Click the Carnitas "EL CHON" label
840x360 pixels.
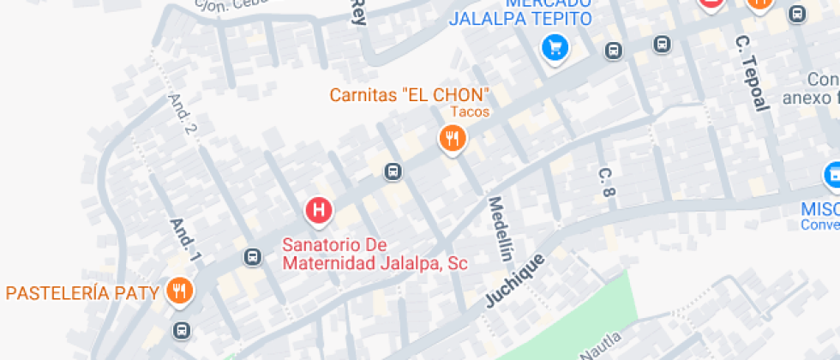(410, 94)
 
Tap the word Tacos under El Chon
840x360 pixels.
(470, 112)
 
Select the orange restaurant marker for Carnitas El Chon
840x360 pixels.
(452, 138)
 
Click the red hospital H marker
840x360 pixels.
(319, 210)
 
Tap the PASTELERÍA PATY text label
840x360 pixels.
(82, 293)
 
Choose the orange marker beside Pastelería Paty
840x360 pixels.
(179, 291)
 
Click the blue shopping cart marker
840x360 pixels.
(555, 47)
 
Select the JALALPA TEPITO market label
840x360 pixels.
(520, 18)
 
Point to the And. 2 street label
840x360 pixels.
(182, 114)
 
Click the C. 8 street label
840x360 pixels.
(607, 183)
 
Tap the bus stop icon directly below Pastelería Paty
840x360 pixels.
(181, 330)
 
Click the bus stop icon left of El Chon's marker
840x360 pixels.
(393, 171)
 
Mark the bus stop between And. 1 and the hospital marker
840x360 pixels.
(252, 256)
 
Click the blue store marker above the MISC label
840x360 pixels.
(831, 176)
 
